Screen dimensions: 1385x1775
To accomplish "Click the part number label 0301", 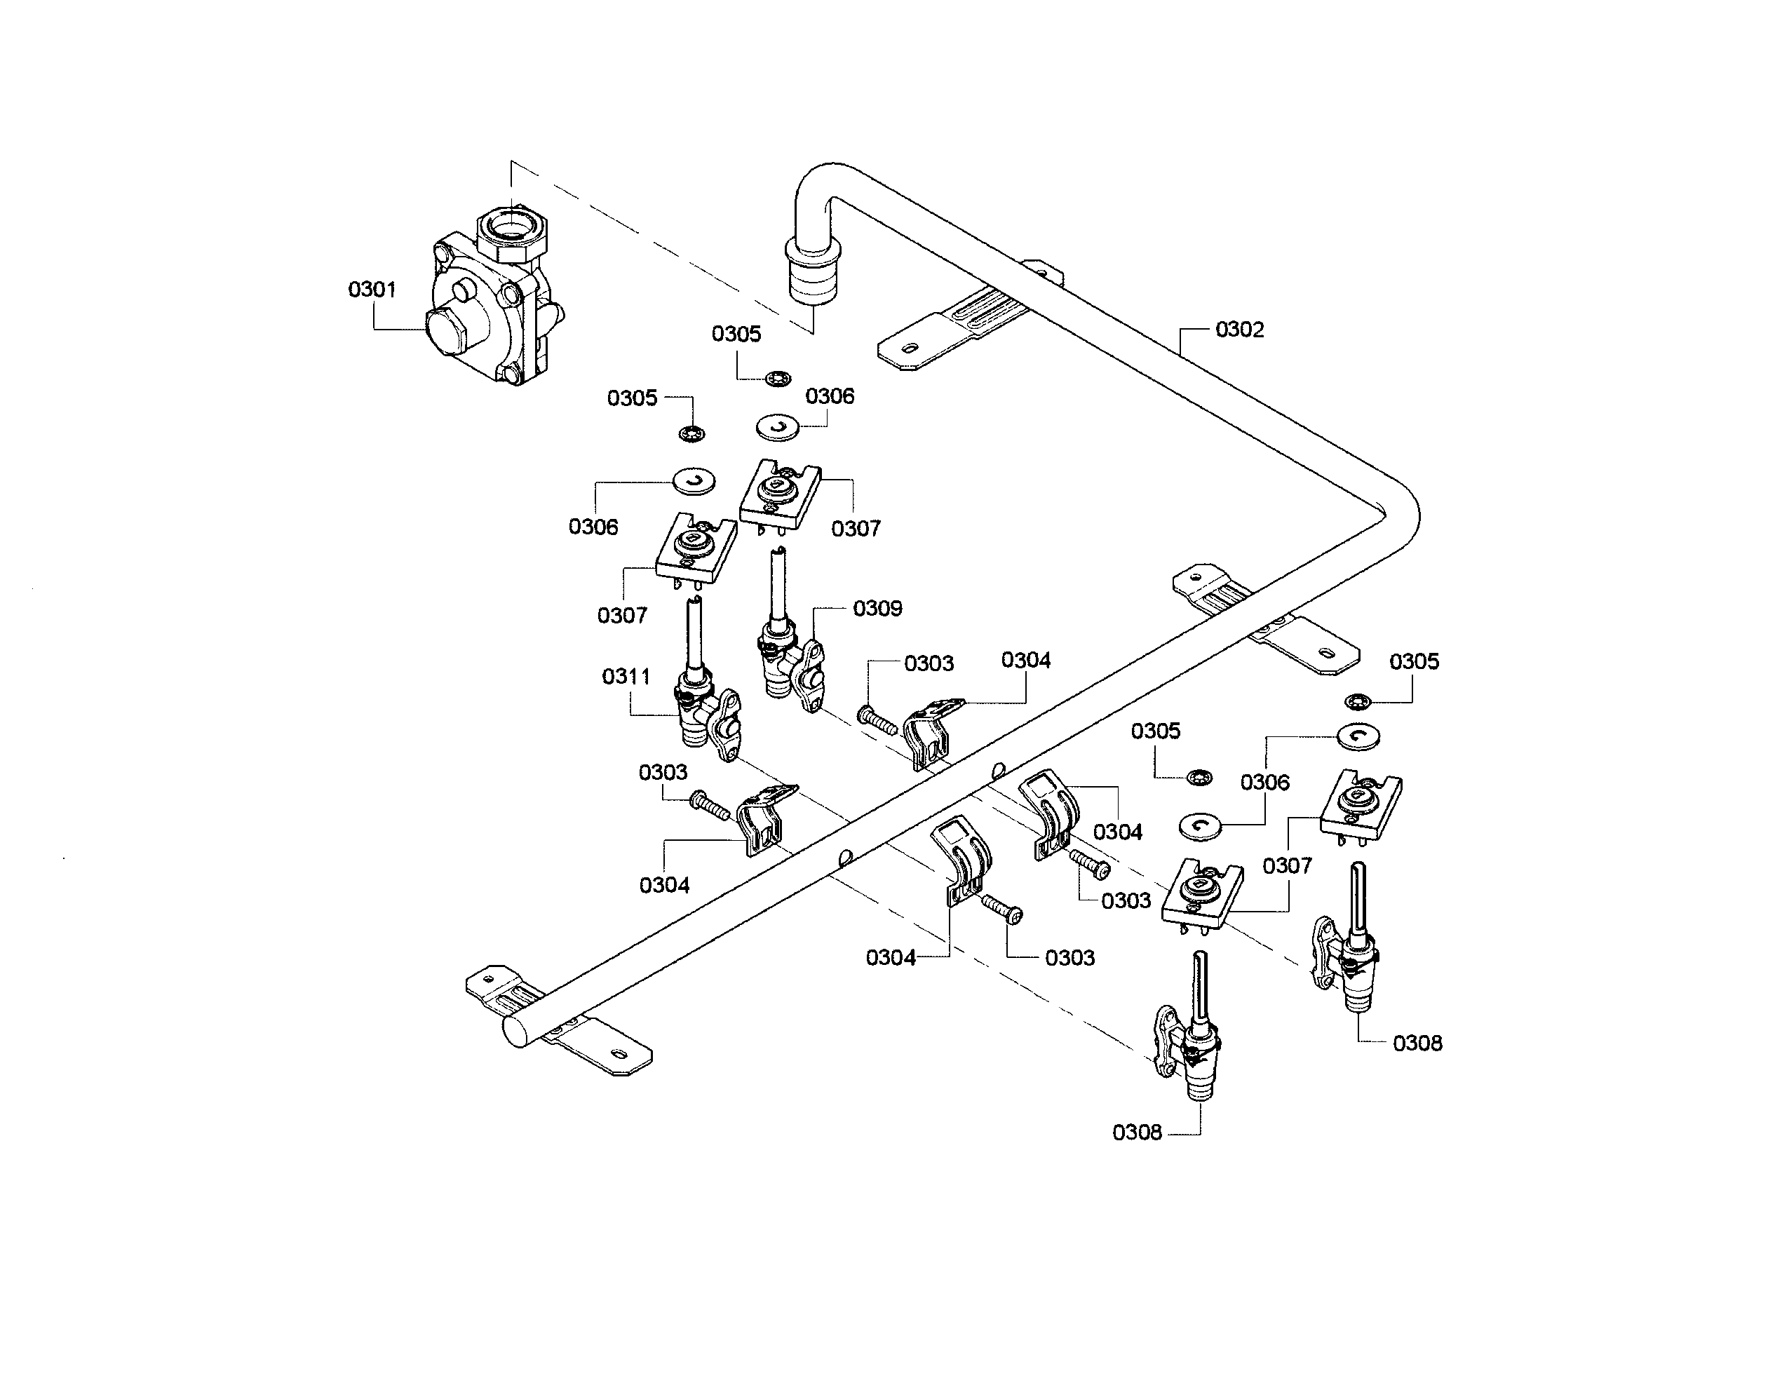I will click(x=372, y=290).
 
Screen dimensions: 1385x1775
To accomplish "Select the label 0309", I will click(x=877, y=609).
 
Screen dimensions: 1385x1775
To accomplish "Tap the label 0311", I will click(x=626, y=676).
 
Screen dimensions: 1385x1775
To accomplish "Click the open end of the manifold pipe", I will click(x=518, y=1031).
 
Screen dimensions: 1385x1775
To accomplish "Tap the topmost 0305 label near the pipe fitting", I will click(x=736, y=334).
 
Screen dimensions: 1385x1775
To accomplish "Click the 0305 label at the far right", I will click(x=1413, y=661).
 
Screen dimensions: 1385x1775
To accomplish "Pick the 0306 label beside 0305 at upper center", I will click(x=829, y=397).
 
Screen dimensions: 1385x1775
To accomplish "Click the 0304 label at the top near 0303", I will click(x=1026, y=660).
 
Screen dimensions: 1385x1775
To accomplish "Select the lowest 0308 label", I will click(x=1136, y=1133).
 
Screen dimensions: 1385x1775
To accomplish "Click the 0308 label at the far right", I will click(x=1417, y=1043).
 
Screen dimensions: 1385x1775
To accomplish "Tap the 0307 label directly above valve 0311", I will click(x=622, y=615).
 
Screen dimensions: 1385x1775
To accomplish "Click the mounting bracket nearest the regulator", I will click(x=959, y=325).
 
